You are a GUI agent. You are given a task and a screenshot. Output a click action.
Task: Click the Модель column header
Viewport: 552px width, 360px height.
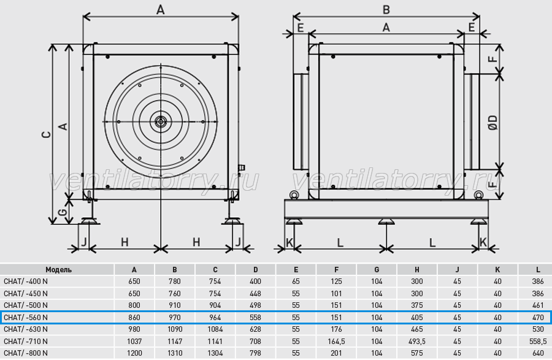[x=58, y=270]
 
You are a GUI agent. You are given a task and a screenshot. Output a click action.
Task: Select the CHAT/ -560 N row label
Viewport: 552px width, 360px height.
[x=26, y=318]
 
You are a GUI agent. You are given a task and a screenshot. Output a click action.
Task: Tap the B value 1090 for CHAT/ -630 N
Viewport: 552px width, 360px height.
[x=175, y=329]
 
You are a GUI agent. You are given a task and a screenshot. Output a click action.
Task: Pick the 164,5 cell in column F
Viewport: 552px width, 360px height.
[x=336, y=342]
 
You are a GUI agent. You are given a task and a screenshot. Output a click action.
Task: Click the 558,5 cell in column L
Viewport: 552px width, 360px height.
[x=538, y=342]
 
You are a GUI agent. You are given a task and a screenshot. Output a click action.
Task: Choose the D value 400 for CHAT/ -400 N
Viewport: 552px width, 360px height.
[x=255, y=281]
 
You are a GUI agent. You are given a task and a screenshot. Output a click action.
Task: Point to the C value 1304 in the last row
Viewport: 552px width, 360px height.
[x=215, y=353]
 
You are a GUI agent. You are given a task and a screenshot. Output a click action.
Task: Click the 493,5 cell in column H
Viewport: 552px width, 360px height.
[x=417, y=342]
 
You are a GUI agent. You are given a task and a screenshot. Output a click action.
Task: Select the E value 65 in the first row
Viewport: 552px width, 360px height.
[x=296, y=281]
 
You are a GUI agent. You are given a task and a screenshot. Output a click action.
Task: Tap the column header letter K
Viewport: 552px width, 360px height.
[x=497, y=270]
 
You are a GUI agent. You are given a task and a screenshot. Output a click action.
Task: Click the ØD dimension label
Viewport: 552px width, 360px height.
[x=494, y=123]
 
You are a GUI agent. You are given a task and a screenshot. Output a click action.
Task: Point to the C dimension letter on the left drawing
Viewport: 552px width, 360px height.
[x=47, y=134]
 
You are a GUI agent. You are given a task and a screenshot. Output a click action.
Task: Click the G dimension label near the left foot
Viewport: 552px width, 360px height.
[x=62, y=212]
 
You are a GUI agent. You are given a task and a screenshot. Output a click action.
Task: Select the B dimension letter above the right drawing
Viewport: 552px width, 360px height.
[x=386, y=9]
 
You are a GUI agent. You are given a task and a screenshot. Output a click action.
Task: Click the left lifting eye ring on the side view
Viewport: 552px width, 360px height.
[x=293, y=195]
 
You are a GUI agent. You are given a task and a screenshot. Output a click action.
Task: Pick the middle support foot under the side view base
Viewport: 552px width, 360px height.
[x=386, y=221]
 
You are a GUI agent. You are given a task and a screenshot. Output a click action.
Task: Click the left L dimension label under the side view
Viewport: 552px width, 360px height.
[x=340, y=242]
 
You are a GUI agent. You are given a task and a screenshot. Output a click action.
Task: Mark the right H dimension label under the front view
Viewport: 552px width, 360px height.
[x=196, y=242]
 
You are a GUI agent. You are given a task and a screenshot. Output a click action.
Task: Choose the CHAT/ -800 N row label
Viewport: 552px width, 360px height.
[x=26, y=353]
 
